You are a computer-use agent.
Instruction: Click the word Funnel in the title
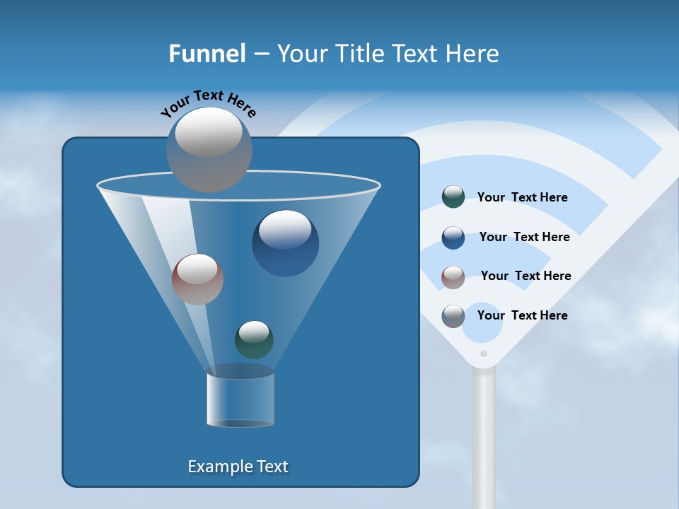click(207, 53)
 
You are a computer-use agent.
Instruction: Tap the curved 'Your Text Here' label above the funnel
click(209, 103)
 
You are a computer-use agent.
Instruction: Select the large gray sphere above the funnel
click(209, 149)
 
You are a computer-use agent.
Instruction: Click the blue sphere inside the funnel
click(285, 242)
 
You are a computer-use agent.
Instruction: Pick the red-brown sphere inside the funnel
click(197, 279)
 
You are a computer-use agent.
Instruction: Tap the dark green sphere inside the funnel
click(254, 339)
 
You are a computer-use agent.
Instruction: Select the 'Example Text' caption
click(238, 467)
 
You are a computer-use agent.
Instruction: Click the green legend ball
click(453, 197)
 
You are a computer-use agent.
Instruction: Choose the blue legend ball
click(453, 237)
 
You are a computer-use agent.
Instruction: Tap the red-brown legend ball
click(453, 276)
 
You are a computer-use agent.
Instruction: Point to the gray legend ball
click(453, 315)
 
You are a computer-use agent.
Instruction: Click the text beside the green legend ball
click(522, 198)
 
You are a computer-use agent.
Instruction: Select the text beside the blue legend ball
click(524, 238)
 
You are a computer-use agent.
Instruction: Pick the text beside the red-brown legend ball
click(526, 276)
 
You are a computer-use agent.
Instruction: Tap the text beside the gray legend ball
click(522, 315)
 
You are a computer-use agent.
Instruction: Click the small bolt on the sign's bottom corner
click(484, 353)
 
